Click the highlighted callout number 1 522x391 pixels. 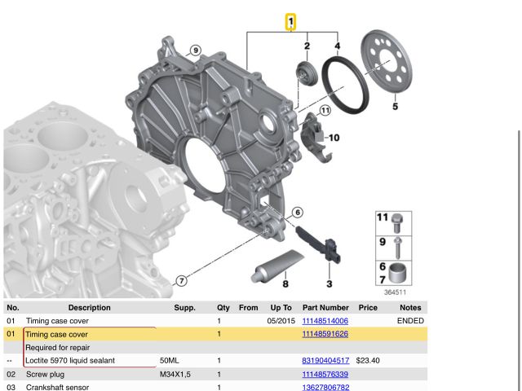coord(290,21)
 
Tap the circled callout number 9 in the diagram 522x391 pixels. coord(195,51)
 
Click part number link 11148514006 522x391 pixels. coord(325,321)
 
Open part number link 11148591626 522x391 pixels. coord(325,334)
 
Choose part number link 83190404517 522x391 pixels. coord(325,360)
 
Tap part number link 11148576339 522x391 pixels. coord(325,374)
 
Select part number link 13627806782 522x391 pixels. coord(325,387)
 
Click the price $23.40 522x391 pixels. coord(369,360)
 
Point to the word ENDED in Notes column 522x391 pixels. coord(410,321)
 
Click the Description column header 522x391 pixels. coord(89,308)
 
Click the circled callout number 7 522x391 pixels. coord(182,281)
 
